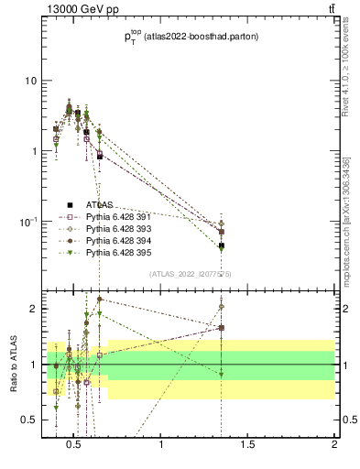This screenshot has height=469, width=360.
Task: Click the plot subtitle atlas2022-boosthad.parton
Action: (x=191, y=37)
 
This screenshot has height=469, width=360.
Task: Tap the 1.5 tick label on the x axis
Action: (x=248, y=445)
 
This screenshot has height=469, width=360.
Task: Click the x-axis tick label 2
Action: (x=334, y=445)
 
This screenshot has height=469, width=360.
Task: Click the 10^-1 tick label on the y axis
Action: (x=27, y=222)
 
